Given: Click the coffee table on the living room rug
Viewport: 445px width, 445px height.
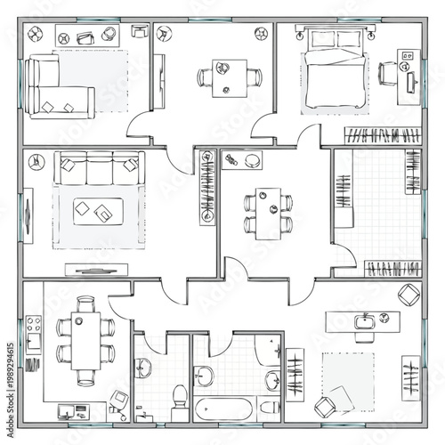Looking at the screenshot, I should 95,210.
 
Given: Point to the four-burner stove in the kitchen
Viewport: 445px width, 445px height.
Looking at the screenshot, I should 34,327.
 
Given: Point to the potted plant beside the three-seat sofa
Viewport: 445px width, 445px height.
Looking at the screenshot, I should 35,162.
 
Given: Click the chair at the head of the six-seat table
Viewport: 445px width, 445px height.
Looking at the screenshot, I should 85,304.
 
